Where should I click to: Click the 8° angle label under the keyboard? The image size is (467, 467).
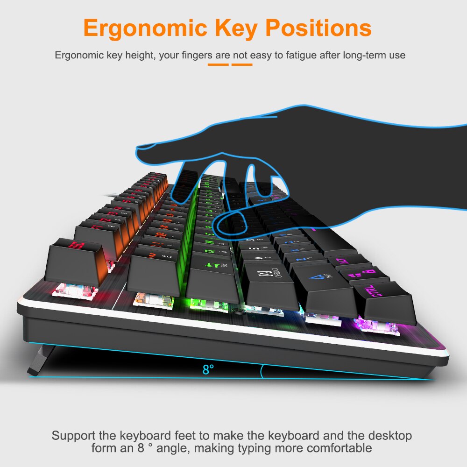208,369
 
